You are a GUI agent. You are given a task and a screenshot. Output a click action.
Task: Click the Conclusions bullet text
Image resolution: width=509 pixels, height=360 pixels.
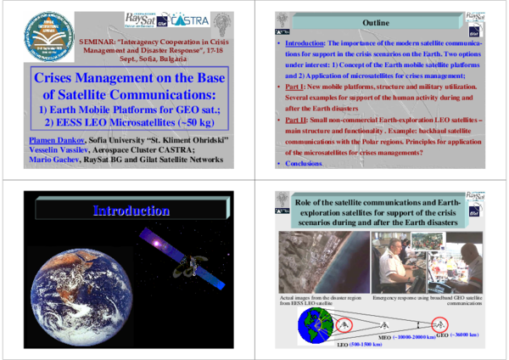[x=305, y=163]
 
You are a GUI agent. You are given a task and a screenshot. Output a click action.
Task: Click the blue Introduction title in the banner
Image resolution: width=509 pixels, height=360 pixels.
[x=131, y=211]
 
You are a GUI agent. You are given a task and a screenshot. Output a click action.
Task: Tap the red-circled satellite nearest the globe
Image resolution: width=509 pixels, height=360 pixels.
[x=345, y=323]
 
